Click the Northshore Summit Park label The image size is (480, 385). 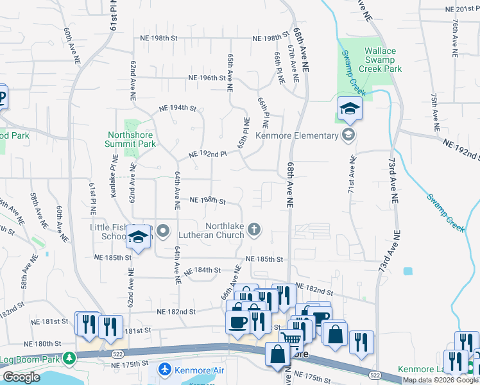point(131,140)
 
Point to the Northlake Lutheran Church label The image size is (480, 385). point(225,230)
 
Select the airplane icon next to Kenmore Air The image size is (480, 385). point(165,370)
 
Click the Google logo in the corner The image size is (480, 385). point(21,377)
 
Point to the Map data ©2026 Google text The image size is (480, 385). point(440,380)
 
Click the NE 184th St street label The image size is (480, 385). point(203,271)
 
